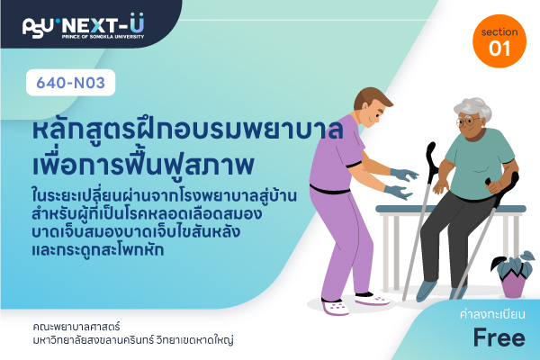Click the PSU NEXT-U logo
click(x=83, y=26)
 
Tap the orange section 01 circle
click(x=499, y=41)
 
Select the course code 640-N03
click(x=70, y=83)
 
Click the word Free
click(x=499, y=337)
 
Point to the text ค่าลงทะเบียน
click(x=492, y=314)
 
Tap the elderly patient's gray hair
click(x=473, y=109)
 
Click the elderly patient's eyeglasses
click(x=468, y=121)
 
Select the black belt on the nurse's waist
click(x=329, y=190)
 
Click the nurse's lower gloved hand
click(x=399, y=192)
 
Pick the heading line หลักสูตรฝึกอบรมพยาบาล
click(x=188, y=130)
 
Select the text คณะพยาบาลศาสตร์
click(x=76, y=326)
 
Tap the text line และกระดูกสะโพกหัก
click(x=98, y=249)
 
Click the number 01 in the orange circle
click(x=499, y=49)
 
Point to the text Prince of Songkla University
click(x=103, y=37)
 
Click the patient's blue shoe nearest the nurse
click(x=427, y=291)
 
